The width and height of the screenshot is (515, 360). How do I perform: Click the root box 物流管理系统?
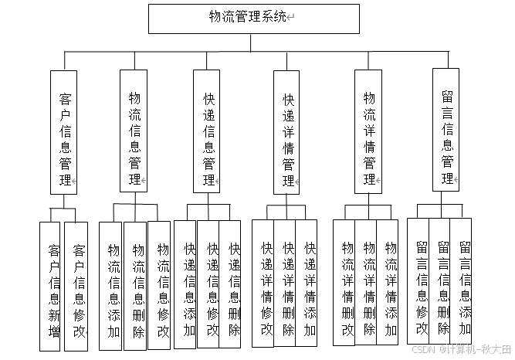pyautogui.click(x=254, y=17)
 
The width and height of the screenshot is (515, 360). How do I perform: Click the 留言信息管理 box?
pyautogui.click(x=446, y=127)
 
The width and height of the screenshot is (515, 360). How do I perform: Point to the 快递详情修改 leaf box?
pyautogui.click(x=266, y=286)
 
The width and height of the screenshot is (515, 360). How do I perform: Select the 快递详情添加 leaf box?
pyautogui.click(x=310, y=286)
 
